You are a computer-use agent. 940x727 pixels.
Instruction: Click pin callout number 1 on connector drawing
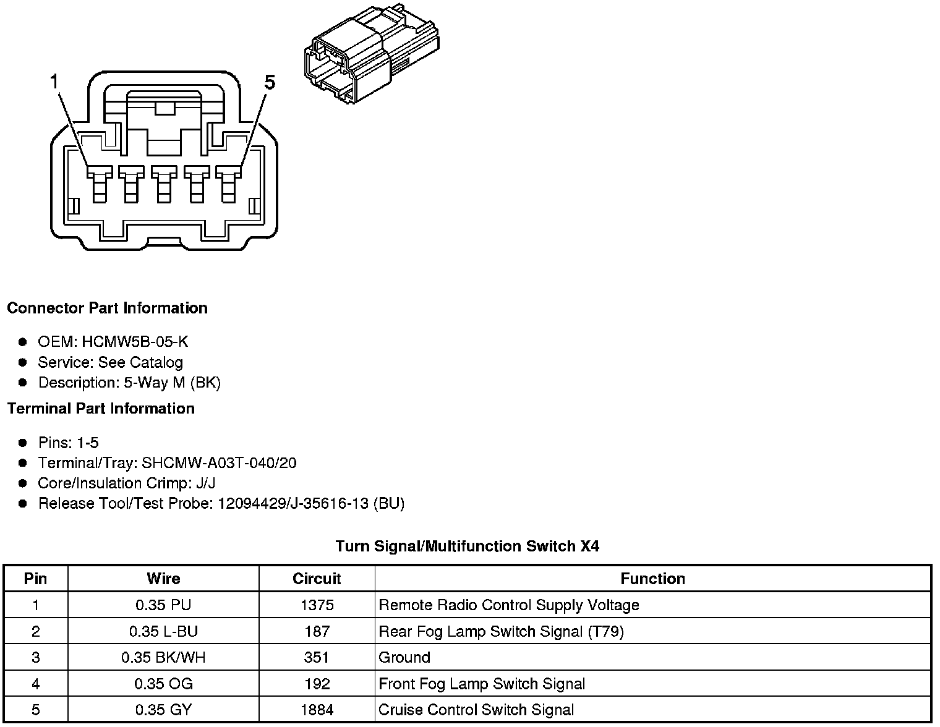click(55, 82)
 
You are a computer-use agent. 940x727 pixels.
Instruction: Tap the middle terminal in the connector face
click(164, 183)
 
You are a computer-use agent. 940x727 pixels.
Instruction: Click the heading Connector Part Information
click(107, 308)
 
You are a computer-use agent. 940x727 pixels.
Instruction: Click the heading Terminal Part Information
click(101, 409)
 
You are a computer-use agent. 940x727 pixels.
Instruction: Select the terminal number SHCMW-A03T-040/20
click(219, 463)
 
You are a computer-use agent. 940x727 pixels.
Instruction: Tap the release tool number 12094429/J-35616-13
click(293, 504)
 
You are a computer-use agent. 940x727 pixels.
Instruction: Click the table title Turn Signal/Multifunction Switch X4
click(467, 546)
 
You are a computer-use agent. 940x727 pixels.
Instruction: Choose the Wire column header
click(163, 579)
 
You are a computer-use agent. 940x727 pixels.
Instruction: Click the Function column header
click(652, 579)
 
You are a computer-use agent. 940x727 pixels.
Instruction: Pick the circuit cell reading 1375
click(317, 605)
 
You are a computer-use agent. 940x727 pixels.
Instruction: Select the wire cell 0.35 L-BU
click(163, 631)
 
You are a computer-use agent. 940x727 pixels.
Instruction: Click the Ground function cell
click(404, 657)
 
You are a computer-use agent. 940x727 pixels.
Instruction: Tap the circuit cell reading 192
click(317, 684)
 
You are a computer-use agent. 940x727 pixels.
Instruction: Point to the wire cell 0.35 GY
click(163, 710)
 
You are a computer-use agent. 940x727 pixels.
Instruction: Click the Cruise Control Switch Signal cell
click(476, 710)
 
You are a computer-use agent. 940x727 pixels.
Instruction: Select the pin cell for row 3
click(35, 657)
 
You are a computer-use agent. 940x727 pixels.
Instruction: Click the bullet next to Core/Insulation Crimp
click(23, 483)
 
